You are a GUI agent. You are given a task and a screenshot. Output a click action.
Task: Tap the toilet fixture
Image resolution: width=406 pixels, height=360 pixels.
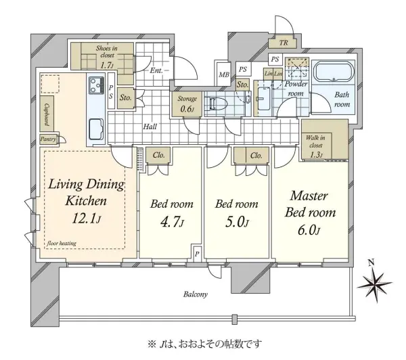click(216, 104)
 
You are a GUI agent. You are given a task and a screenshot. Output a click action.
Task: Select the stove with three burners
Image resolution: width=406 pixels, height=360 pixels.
click(96, 85)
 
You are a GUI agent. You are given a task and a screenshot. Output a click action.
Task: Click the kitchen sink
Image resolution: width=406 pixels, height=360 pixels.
click(96, 129)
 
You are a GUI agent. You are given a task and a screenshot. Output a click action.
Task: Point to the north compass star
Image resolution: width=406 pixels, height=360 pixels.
click(374, 283)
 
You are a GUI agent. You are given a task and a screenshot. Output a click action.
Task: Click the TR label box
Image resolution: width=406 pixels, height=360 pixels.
click(284, 43)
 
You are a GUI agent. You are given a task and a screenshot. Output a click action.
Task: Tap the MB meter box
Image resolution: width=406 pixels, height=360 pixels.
click(224, 74)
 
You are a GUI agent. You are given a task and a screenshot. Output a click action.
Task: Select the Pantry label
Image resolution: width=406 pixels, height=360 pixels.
click(48, 139)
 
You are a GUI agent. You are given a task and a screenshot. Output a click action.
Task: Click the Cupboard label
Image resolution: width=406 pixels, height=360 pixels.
click(47, 114)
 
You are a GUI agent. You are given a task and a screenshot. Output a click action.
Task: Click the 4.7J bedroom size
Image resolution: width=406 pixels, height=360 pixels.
click(172, 222)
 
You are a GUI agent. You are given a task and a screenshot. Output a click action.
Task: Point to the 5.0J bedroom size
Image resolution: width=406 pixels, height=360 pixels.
click(237, 222)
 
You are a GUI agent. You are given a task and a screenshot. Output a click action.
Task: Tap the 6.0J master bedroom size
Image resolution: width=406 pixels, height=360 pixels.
click(309, 230)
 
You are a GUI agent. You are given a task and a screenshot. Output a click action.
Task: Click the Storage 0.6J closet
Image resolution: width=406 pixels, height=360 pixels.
click(187, 104)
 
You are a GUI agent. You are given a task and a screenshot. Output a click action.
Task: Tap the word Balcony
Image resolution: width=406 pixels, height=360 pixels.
click(196, 294)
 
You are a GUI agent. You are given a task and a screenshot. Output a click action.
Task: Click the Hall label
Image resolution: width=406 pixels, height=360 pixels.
click(150, 127)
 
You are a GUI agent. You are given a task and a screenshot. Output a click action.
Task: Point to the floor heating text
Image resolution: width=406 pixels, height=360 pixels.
click(62, 243)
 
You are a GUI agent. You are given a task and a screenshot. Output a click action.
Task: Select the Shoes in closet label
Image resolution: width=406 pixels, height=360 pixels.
click(107, 56)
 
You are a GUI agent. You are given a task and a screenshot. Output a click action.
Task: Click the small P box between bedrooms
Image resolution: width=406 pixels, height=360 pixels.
click(197, 254)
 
